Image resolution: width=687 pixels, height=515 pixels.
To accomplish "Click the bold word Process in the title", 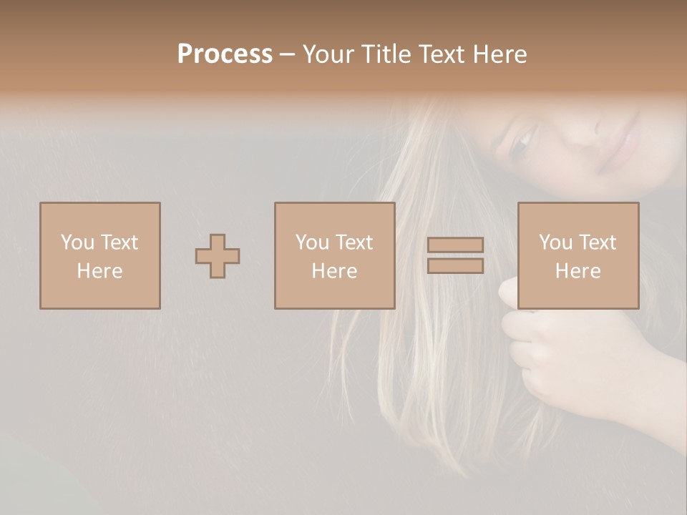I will [225, 54].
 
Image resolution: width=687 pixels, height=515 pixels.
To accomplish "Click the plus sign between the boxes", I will [218, 256].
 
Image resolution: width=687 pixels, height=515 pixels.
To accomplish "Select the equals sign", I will [455, 255].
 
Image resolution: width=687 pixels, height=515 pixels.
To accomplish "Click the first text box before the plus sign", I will [100, 255].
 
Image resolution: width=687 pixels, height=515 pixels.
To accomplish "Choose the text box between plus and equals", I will [334, 255].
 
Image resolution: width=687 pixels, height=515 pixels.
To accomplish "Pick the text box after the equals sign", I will [578, 255].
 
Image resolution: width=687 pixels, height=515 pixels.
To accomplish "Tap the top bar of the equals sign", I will [455, 245].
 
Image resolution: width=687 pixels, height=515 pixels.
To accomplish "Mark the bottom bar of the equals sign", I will [455, 266].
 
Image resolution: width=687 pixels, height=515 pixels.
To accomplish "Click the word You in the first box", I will [77, 242].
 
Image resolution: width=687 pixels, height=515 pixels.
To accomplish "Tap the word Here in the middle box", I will [334, 271].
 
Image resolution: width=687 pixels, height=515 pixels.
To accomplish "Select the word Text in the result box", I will [597, 242].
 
